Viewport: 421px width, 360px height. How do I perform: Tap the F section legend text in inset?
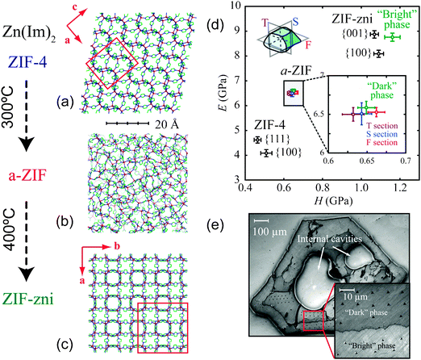tap(381, 142)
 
